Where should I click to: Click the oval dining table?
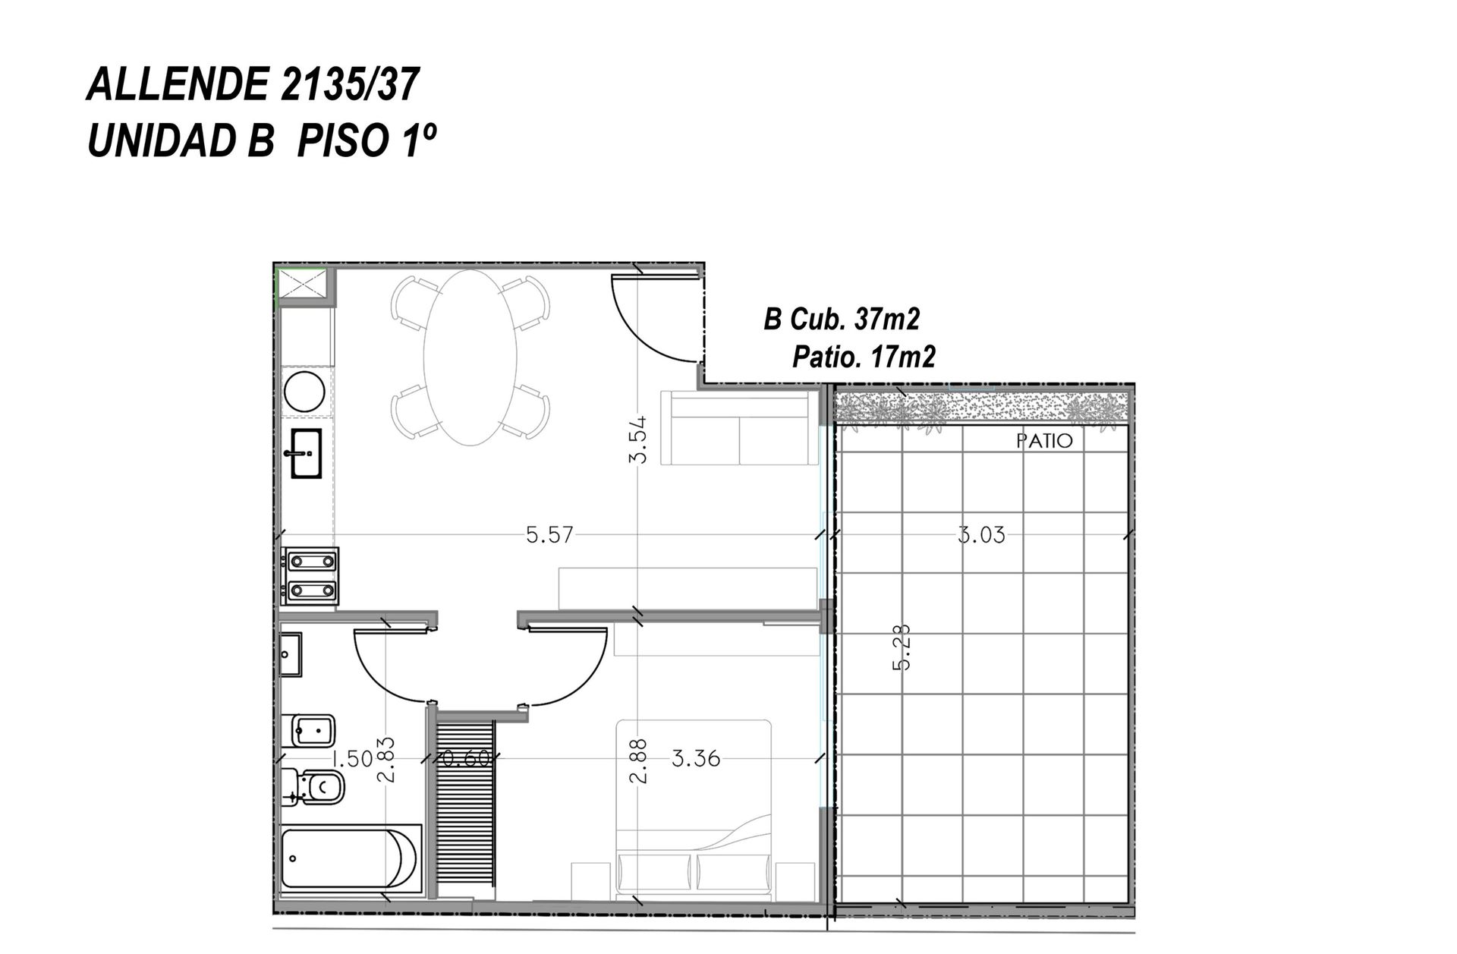tap(470, 357)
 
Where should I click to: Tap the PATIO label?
tap(1045, 441)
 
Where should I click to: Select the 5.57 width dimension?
tap(550, 535)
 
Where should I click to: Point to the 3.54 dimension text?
tap(639, 440)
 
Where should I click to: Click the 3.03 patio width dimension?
tap(981, 535)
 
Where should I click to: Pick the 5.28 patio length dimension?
tap(902, 647)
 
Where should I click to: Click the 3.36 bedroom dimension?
tap(696, 758)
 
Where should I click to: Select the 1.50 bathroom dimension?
tap(352, 758)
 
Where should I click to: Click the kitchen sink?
tap(307, 453)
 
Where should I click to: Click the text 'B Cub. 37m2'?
tap(842, 320)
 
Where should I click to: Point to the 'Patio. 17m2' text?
tap(864, 356)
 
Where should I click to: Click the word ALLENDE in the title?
tap(178, 83)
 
